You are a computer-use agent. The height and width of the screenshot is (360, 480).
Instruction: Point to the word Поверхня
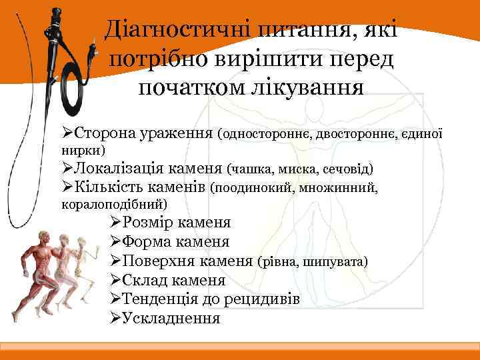(157, 261)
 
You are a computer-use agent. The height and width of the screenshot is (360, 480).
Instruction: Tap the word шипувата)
(336, 261)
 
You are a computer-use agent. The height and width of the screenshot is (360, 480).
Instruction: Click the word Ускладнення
(170, 318)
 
